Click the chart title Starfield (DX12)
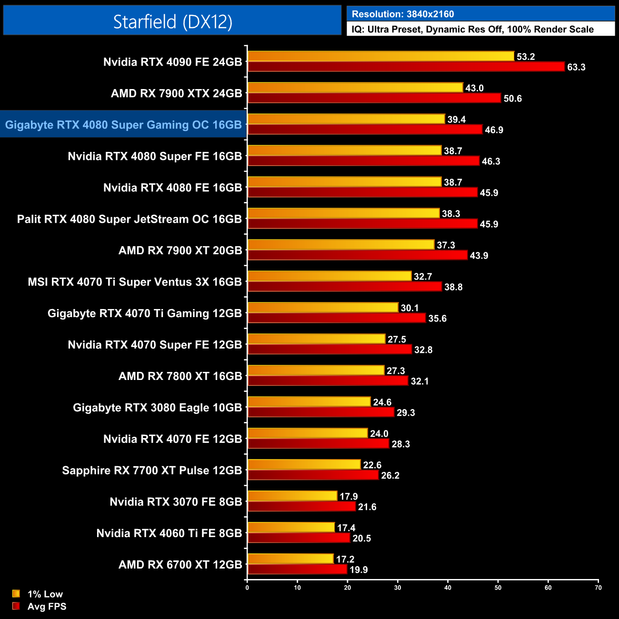(x=172, y=21)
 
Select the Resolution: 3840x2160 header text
(x=403, y=14)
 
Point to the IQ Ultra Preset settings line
(x=472, y=30)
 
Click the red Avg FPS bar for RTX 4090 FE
(x=406, y=67)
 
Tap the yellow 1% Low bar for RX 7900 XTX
(x=355, y=88)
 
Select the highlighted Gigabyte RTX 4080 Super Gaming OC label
(x=123, y=125)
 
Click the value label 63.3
(x=576, y=67)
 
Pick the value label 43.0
(x=474, y=88)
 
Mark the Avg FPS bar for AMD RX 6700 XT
(x=297, y=569)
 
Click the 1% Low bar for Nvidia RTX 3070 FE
(x=292, y=496)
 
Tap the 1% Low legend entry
(x=38, y=594)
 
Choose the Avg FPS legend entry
(x=40, y=606)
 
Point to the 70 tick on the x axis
(x=598, y=588)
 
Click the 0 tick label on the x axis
(x=247, y=588)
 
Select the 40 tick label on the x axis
(x=448, y=588)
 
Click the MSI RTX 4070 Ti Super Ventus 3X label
(x=135, y=282)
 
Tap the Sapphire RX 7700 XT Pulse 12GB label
(x=152, y=470)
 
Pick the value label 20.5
(x=361, y=539)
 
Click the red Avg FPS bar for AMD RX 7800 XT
(x=328, y=381)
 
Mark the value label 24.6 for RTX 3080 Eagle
(x=382, y=402)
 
